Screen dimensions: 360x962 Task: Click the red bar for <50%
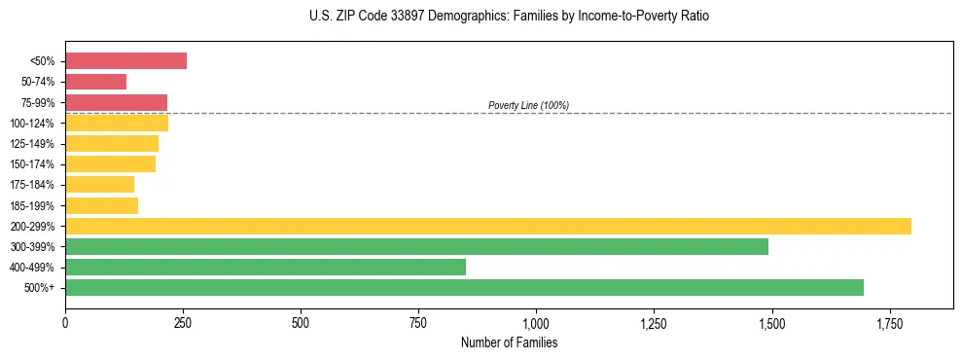click(125, 61)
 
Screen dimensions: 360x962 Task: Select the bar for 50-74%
click(95, 82)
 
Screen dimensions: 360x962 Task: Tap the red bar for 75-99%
click(116, 102)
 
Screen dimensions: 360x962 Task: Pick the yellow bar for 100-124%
click(117, 124)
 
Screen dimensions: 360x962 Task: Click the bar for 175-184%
click(99, 185)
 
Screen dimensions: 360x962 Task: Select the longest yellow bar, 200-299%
click(487, 226)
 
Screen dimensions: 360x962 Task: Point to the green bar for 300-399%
click(416, 247)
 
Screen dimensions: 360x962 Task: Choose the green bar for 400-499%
click(266, 268)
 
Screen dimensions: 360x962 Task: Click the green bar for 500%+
click(464, 288)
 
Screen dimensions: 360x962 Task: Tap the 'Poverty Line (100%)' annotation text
click(528, 105)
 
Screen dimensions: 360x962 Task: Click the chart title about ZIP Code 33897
click(510, 17)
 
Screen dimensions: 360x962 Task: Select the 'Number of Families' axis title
click(509, 343)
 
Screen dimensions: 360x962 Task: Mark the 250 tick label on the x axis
click(183, 322)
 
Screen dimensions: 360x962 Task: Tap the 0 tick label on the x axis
click(65, 322)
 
